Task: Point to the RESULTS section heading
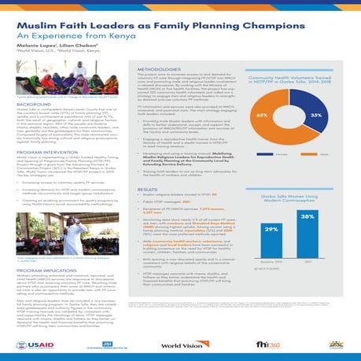pyautogui.click(x=148, y=190)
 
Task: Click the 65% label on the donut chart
pyautogui.click(x=285, y=115)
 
